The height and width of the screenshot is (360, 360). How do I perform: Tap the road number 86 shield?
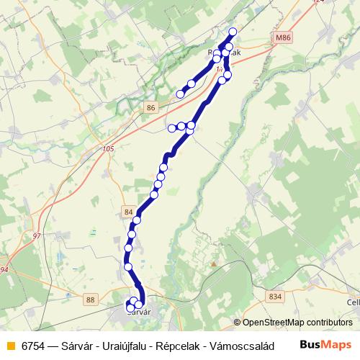pos(150,107)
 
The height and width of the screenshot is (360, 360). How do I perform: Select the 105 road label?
pos(108,149)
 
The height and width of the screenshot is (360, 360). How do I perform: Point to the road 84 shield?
pos(128,212)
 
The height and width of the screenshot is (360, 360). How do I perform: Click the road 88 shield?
pos(90,300)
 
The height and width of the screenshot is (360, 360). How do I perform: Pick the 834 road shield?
pos(275,296)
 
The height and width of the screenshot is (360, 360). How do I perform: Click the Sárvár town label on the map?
pos(138,312)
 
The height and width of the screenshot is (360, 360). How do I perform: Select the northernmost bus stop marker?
pos(233,31)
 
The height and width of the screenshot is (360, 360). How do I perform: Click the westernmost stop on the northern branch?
pos(180,94)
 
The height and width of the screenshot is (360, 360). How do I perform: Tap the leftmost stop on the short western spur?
pos(172,128)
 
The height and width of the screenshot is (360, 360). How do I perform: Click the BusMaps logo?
pos(325,345)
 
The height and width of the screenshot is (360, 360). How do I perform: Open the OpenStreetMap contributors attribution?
pos(297,323)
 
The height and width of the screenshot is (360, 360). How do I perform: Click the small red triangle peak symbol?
pos(214,265)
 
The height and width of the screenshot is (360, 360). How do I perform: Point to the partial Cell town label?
pos(352,303)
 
